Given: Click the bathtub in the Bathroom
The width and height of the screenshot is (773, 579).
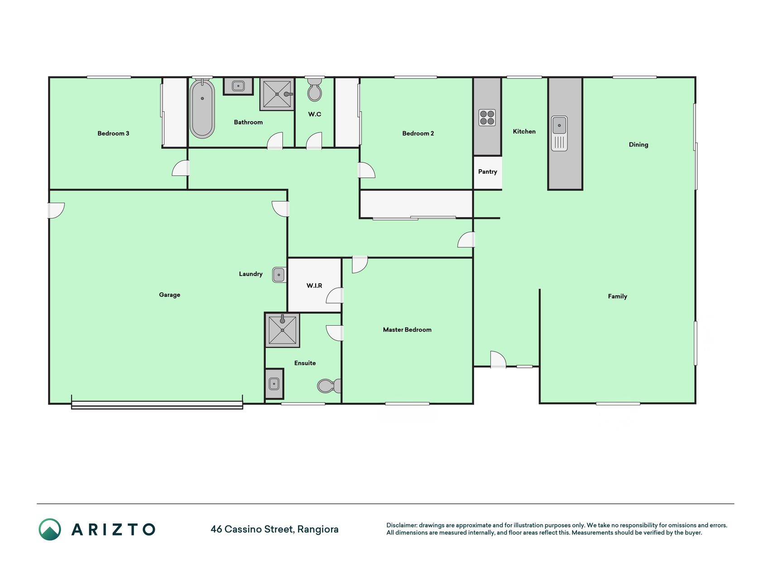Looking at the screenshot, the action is pyautogui.click(x=202, y=109).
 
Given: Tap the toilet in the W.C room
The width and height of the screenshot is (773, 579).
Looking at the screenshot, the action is pyautogui.click(x=314, y=90).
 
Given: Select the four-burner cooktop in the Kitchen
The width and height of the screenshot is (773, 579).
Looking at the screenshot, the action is pyautogui.click(x=487, y=118).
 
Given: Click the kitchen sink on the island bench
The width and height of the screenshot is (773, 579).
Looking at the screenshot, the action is pyautogui.click(x=559, y=133).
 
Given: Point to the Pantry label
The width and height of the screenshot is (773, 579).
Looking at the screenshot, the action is pyautogui.click(x=488, y=172).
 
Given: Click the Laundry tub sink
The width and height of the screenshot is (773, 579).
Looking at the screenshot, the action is pyautogui.click(x=279, y=275).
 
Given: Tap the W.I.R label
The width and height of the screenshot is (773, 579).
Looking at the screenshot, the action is pyautogui.click(x=314, y=285).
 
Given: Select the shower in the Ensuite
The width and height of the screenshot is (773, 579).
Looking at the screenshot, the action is pyautogui.click(x=282, y=330).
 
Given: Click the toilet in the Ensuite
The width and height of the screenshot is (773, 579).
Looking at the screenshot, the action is pyautogui.click(x=329, y=386).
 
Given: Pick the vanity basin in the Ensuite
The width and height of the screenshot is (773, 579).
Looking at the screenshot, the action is pyautogui.click(x=274, y=384).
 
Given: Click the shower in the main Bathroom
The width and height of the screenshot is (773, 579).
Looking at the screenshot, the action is pyautogui.click(x=277, y=94).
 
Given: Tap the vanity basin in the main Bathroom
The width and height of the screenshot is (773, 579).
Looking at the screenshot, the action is pyautogui.click(x=238, y=86).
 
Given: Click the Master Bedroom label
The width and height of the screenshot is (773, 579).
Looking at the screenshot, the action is pyautogui.click(x=407, y=330).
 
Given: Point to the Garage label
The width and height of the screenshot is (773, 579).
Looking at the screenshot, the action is pyautogui.click(x=169, y=295).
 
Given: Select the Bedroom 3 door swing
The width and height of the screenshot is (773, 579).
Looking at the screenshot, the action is pyautogui.click(x=180, y=168).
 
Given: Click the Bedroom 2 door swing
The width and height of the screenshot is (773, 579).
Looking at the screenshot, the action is pyautogui.click(x=366, y=170).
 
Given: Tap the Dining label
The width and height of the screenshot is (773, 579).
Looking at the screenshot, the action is pyautogui.click(x=639, y=145).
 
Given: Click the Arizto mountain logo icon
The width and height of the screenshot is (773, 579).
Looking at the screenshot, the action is pyautogui.click(x=50, y=529).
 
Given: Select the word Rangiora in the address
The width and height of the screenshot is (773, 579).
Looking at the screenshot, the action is pyautogui.click(x=318, y=529).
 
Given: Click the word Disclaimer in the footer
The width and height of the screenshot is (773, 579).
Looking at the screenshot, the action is pyautogui.click(x=402, y=525).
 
